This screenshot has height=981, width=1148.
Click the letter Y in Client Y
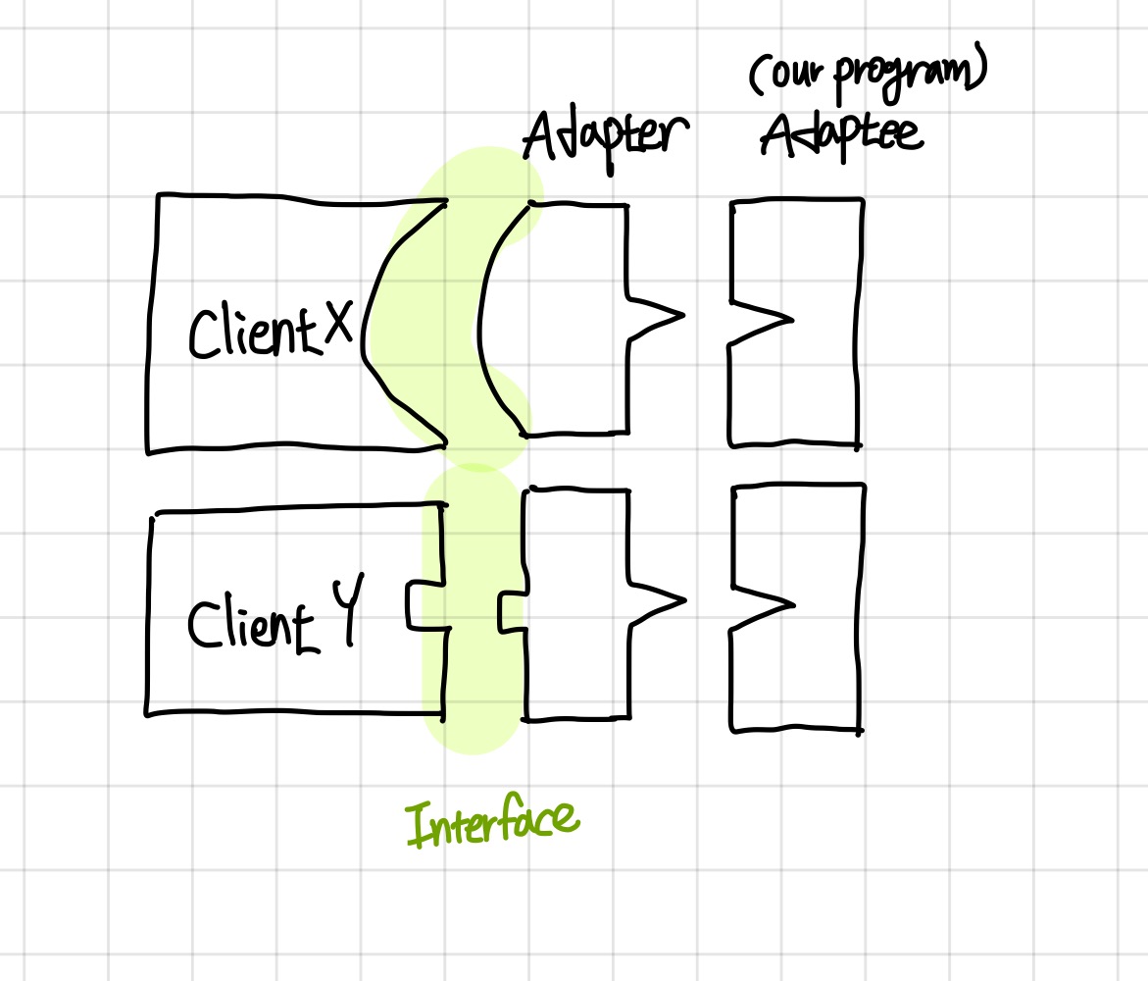[343, 613]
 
